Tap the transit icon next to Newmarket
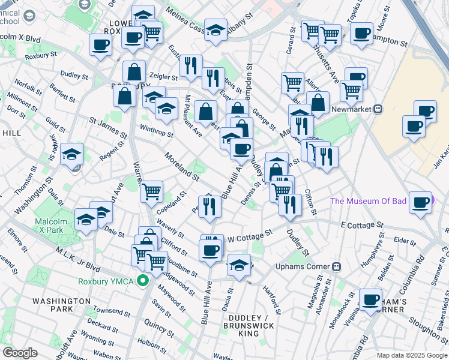pyautogui.click(x=378, y=109)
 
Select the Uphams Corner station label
pyautogui.click(x=303, y=266)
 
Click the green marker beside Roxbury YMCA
pyautogui.click(x=143, y=280)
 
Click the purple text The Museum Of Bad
pyautogui.click(x=368, y=200)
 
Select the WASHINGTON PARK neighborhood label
pyautogui.click(x=61, y=305)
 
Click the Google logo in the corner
pyautogui.click(x=20, y=353)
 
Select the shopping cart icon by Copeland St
pyautogui.click(x=152, y=191)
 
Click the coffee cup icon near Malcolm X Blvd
pyautogui.click(x=100, y=43)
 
